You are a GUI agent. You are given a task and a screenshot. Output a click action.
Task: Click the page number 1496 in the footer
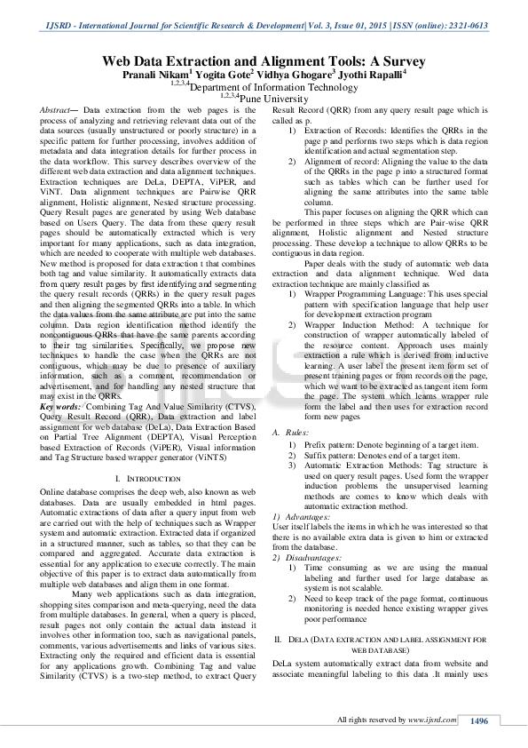coord(479,720)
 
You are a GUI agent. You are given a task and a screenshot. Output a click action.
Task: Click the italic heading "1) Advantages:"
coord(301,516)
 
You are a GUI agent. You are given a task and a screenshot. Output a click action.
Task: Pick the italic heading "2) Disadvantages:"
coord(307,557)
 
